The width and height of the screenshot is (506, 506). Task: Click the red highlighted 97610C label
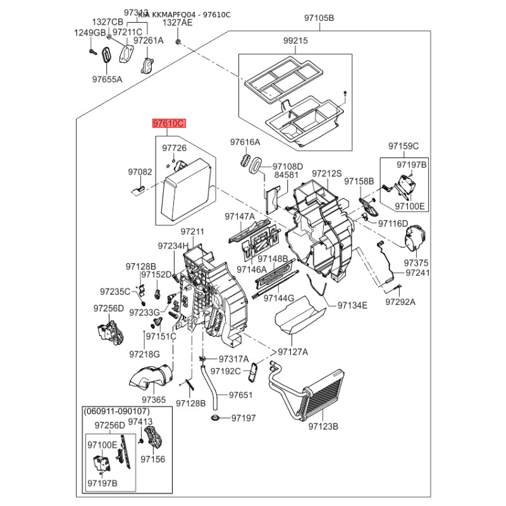point(168,125)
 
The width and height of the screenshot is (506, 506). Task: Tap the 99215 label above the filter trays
point(295,41)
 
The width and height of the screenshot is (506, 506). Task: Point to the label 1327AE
point(177,22)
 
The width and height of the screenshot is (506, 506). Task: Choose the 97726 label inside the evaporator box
point(174,148)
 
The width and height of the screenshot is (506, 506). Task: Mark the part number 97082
point(140,171)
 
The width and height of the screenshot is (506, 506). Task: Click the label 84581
point(286,175)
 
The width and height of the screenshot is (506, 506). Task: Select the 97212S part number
point(326,173)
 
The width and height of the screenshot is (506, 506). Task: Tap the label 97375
point(416,262)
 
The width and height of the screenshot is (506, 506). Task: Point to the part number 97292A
point(400,302)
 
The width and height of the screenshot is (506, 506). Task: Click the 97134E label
point(352,305)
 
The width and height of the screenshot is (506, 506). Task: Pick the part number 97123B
point(323,427)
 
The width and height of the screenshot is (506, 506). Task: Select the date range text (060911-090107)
point(115,411)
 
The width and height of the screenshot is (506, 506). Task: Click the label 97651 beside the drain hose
point(240,395)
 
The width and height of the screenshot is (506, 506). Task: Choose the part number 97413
point(140,421)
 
